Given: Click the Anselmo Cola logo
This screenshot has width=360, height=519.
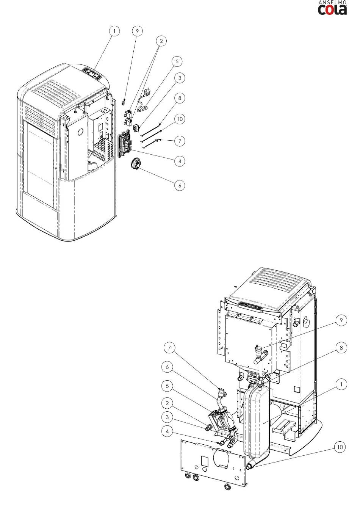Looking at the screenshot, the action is [332, 8].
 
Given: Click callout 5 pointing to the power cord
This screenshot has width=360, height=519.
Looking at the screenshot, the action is [177, 61].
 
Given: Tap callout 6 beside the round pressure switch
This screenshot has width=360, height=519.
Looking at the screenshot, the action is [180, 185].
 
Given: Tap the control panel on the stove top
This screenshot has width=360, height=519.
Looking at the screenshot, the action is [92, 74].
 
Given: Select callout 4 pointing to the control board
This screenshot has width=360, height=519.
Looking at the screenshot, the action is [180, 161].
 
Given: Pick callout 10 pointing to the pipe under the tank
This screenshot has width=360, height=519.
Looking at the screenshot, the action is [340, 447].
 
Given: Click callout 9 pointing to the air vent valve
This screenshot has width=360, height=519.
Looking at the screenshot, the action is [341, 320].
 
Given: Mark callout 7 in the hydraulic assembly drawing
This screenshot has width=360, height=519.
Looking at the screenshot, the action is [169, 348].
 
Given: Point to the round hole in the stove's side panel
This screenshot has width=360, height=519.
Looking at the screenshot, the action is [81, 132].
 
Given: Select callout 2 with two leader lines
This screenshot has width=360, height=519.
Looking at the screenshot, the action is [161, 41].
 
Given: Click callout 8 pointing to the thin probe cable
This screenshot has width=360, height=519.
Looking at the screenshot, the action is [180, 98].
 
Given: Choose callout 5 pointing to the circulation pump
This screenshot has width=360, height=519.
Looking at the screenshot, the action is [167, 386].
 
